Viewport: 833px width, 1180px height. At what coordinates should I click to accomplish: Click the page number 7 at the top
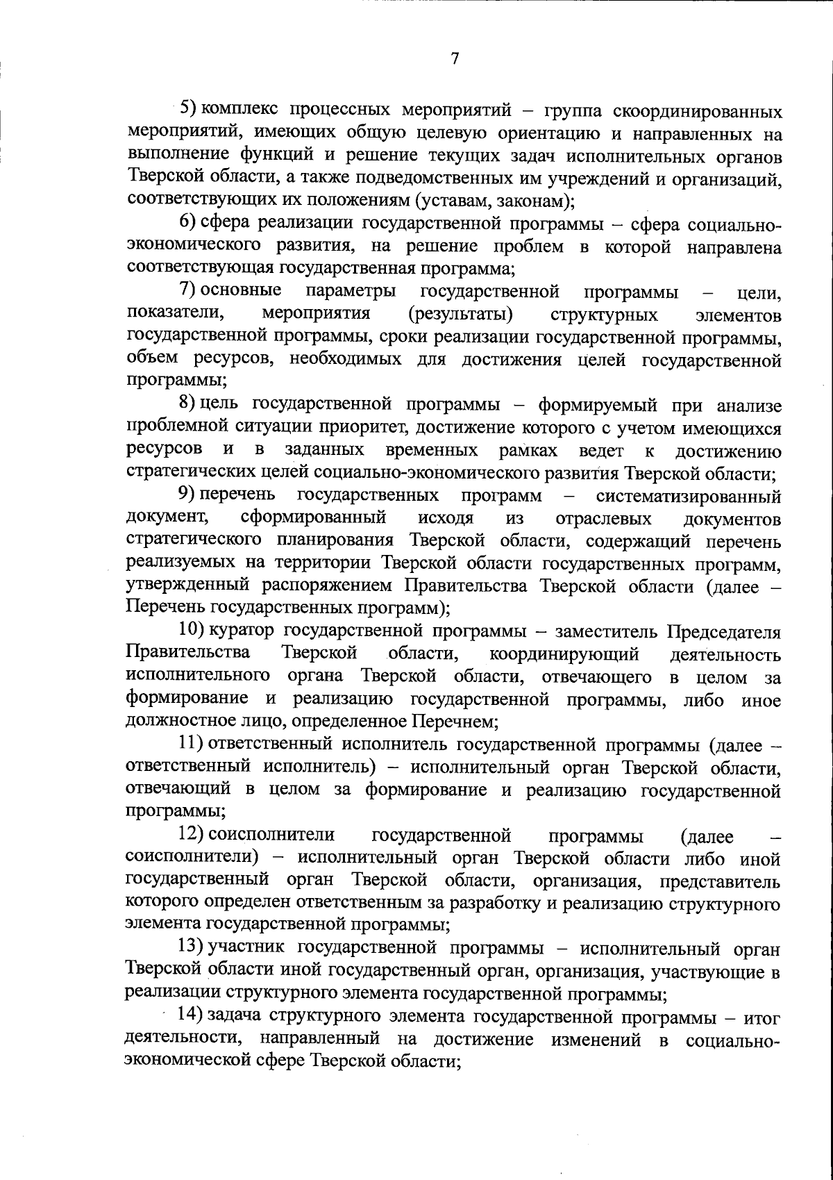455,59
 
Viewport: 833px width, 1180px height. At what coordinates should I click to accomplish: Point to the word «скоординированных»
705,111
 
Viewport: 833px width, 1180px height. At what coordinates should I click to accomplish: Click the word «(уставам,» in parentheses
449,201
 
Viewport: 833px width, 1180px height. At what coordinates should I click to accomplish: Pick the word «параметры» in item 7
351,291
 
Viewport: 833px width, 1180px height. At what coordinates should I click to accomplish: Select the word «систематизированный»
688,497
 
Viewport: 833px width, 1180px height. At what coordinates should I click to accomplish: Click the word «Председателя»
724,633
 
